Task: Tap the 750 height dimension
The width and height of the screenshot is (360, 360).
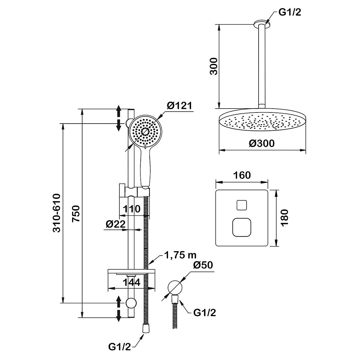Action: [x=77, y=213]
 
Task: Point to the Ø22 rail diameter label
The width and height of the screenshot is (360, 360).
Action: [x=115, y=224]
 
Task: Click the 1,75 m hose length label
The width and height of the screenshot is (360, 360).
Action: [x=180, y=255]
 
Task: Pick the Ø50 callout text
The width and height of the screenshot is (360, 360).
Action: [x=203, y=265]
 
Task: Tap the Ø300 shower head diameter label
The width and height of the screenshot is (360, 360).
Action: [x=262, y=143]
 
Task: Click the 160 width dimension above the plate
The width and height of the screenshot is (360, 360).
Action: [x=242, y=175]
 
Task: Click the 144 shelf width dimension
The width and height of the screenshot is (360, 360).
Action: [x=131, y=283]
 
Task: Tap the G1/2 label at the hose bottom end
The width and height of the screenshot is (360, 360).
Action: [x=119, y=347]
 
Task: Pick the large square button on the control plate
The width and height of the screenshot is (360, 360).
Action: [x=242, y=227]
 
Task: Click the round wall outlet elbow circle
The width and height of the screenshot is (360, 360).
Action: [x=175, y=287]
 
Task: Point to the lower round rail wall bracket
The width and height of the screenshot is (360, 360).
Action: [x=131, y=303]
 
